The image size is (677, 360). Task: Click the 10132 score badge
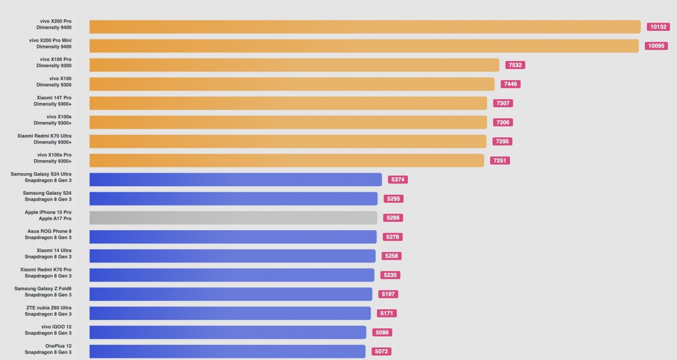658,27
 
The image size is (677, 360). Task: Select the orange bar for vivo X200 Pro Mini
364,46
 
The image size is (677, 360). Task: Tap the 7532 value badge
515,65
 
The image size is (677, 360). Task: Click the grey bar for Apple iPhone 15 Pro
233,218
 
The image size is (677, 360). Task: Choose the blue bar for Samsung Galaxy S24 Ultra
235,179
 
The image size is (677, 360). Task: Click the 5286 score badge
393,218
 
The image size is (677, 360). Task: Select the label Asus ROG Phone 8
50,231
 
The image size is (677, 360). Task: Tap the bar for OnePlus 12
227,352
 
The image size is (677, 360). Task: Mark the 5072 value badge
381,352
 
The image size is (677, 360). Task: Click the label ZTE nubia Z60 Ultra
49,308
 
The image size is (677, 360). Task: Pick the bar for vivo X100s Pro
287,160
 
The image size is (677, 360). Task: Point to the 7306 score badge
503,122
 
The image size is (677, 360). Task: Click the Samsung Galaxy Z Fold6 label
43,288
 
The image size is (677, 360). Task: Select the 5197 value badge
389,294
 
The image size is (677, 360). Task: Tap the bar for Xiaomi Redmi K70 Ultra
288,141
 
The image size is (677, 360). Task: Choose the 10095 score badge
656,46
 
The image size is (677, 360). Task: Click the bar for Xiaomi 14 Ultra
232,256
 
